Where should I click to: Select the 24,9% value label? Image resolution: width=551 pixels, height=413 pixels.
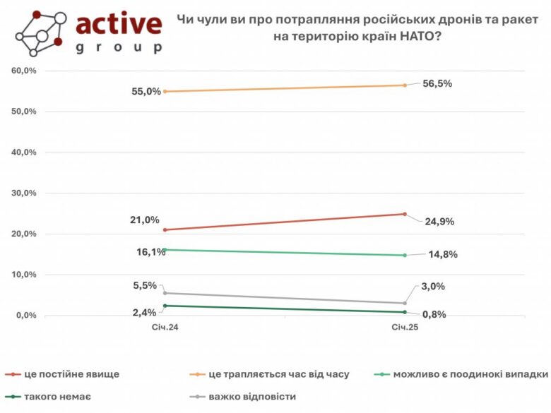click(439, 221)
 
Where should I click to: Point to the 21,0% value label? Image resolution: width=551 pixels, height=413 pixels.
click(145, 220)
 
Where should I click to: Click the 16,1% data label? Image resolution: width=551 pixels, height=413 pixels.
click(150, 251)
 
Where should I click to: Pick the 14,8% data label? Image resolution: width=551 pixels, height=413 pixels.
click(442, 255)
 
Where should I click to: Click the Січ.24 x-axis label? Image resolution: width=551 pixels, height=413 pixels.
click(164, 328)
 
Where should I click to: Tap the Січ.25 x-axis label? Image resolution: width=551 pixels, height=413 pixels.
click(405, 328)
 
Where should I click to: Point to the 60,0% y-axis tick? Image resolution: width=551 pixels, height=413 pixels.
click(23, 71)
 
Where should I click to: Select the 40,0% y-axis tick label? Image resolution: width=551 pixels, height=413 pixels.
click(23, 152)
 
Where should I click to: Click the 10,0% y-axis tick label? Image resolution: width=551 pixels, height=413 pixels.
click(23, 275)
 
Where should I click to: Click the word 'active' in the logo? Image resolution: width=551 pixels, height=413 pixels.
click(118, 24)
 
